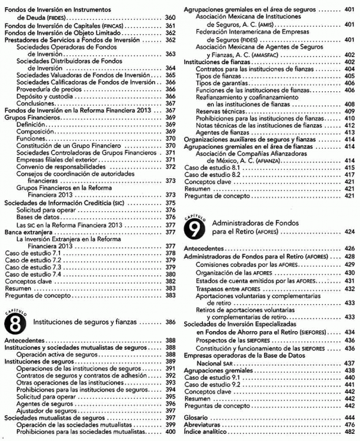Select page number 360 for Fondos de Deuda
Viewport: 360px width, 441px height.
[170, 18]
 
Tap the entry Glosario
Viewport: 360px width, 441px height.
[197, 416]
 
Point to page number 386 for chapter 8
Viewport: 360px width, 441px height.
[170, 322]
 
